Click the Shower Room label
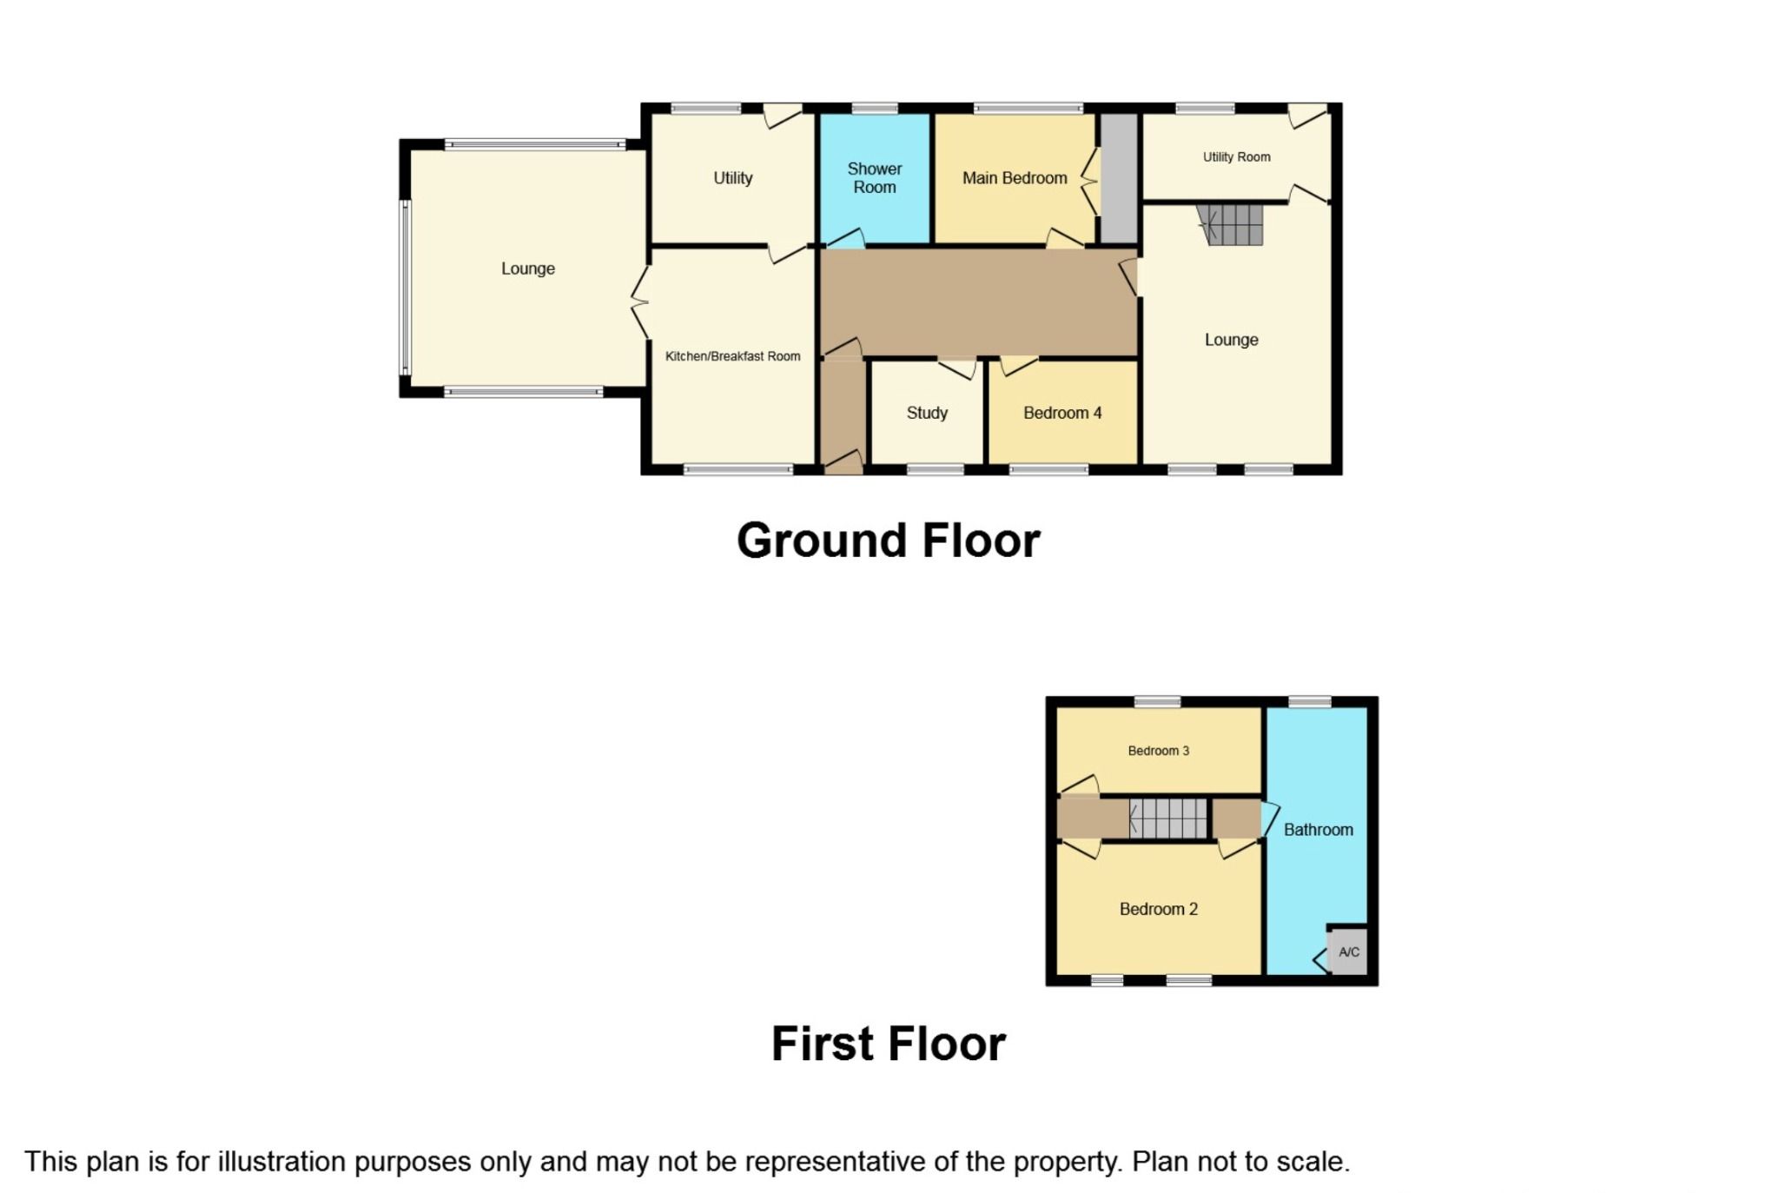coord(874,178)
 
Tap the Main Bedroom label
coord(1015,178)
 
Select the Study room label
coord(927,413)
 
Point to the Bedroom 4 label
coord(1062,413)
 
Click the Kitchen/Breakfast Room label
coord(732,356)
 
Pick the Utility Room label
coord(1236,157)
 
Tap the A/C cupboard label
coord(1348,952)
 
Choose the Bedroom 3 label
coord(1158,751)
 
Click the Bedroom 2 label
coord(1158,909)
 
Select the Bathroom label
coord(1318,830)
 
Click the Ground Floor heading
coord(888,540)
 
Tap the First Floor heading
coord(888,1044)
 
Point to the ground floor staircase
coord(1229,224)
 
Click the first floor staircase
coord(1167,819)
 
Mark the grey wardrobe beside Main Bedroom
coord(1119,178)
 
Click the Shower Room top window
coord(875,109)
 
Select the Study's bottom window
coord(935,469)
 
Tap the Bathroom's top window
coord(1309,701)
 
